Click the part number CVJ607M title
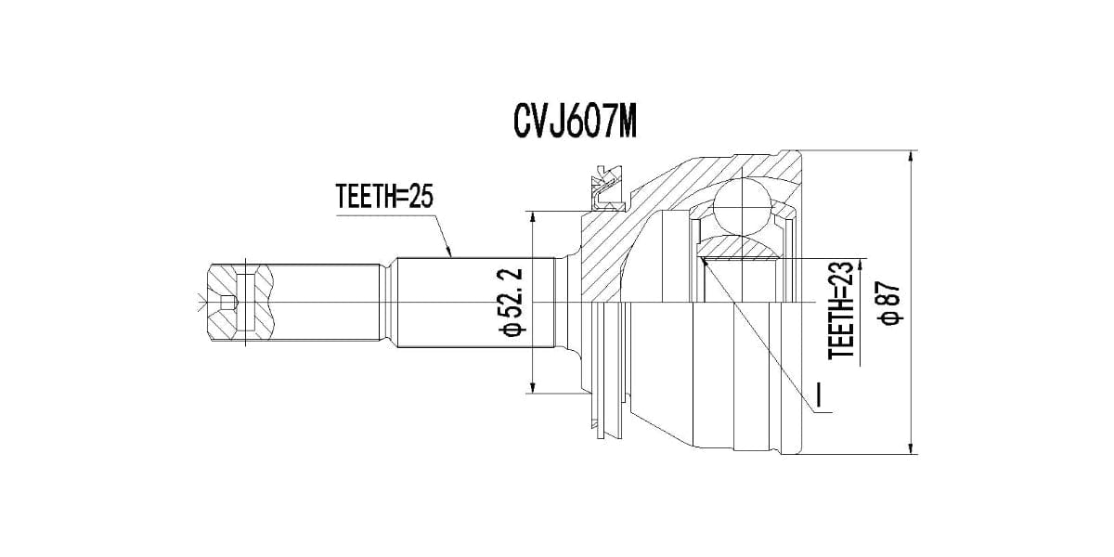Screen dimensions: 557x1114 tap(576, 122)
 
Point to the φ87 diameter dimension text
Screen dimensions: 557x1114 tap(891, 304)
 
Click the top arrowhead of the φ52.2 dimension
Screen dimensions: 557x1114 tap(532, 218)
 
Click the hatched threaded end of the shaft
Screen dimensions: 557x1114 tap(240, 304)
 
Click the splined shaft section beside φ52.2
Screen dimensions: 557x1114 tap(473, 303)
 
